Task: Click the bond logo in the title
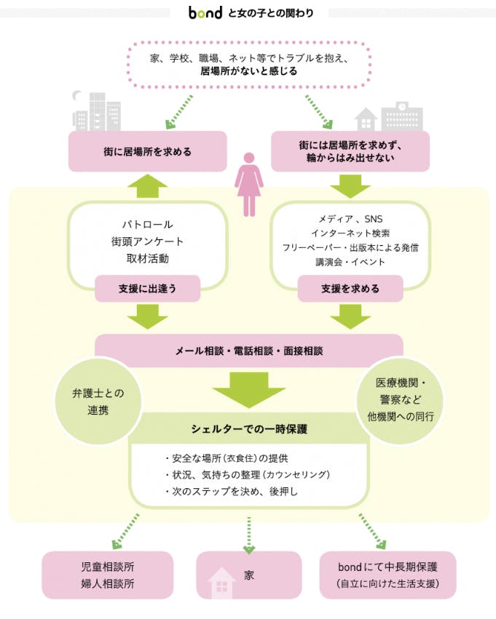pos(206,12)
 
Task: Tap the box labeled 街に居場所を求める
pos(148,152)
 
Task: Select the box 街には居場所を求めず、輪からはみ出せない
pos(350,152)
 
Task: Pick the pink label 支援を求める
pos(350,289)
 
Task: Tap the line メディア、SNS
pos(350,219)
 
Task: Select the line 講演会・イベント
pos(350,261)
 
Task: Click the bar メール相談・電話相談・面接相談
pos(248,351)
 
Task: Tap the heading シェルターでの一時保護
pos(248,429)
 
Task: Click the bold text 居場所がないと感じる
pos(248,72)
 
